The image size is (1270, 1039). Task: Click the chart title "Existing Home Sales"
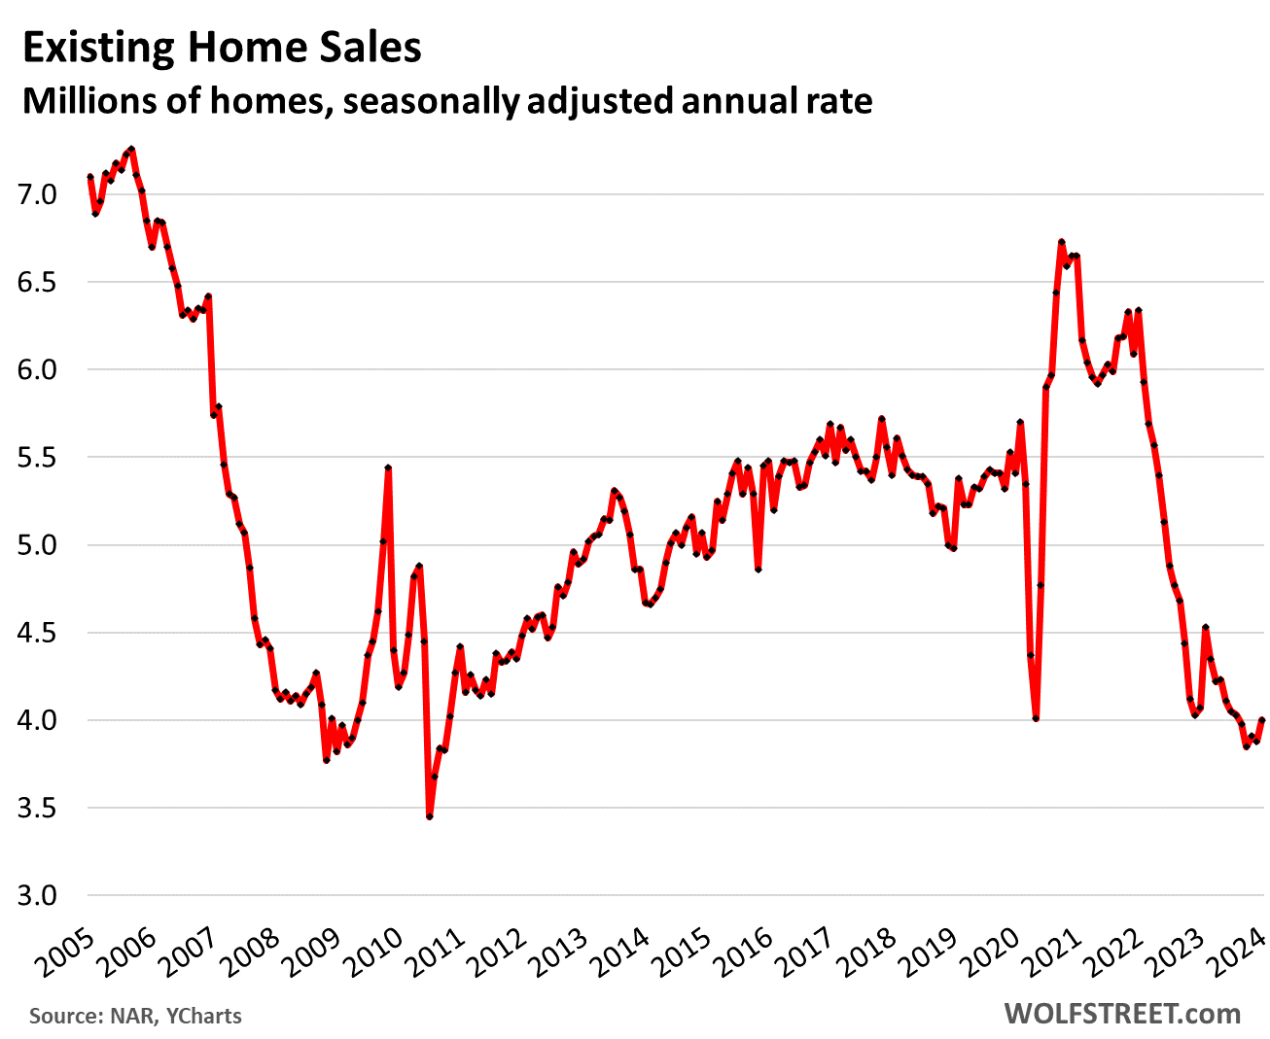[x=222, y=49]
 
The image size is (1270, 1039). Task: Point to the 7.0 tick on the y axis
[x=37, y=195]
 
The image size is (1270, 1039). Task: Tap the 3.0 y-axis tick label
[x=37, y=896]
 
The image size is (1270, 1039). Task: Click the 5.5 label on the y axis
[x=37, y=458]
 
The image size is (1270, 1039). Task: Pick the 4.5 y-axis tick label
[x=37, y=634]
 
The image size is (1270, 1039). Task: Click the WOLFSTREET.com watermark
[x=1122, y=1014]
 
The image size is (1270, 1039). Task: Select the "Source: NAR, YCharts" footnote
[x=135, y=1017]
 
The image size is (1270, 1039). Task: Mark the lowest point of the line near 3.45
[x=429, y=816]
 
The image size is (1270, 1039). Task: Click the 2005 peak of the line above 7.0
[x=131, y=150]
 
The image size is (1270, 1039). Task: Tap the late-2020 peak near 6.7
[x=1061, y=242]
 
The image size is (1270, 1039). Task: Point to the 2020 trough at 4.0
[x=1036, y=719]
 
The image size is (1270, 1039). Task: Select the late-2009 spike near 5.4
[x=388, y=468]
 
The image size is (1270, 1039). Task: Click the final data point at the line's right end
[x=1262, y=720]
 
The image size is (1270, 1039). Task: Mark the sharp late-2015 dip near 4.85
[x=758, y=570]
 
